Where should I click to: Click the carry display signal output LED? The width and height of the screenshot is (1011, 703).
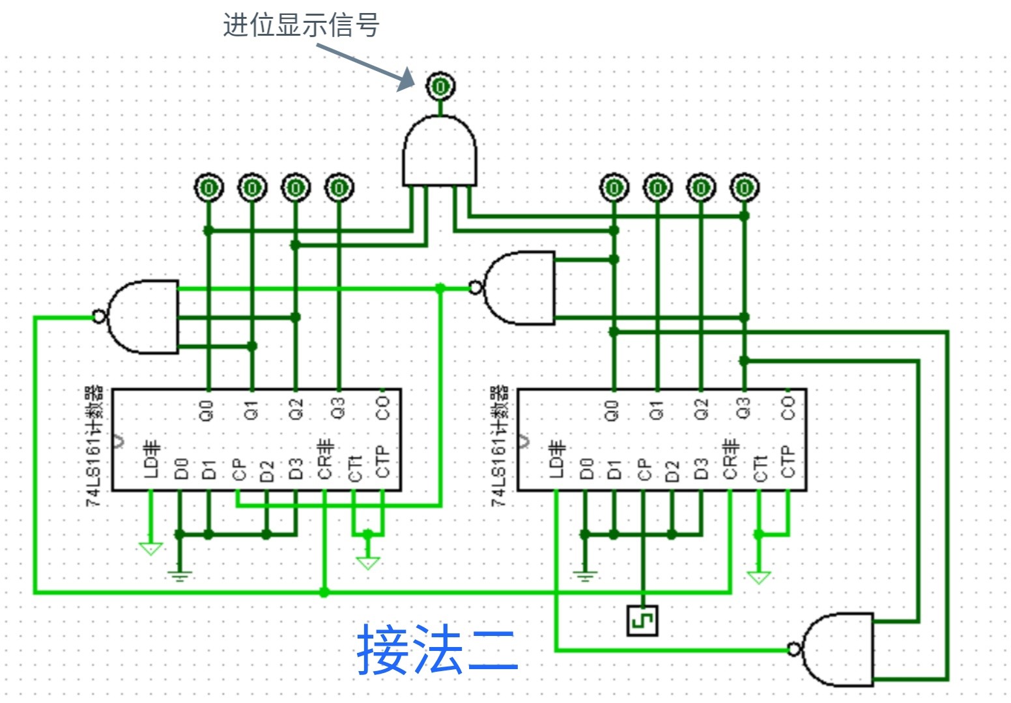coord(440,86)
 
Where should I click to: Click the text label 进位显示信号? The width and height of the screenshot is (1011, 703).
coord(300,25)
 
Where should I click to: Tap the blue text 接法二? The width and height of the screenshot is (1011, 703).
coord(437,650)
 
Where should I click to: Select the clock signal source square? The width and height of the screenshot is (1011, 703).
coord(642,620)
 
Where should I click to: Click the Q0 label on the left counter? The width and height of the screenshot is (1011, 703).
coord(206,411)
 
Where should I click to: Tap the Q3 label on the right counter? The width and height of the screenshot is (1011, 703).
coord(743,409)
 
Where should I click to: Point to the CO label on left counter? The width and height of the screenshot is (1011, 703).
coord(382,409)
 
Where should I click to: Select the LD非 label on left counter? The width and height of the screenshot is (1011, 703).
coord(151,460)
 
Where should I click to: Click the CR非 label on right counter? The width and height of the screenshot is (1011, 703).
coord(730,459)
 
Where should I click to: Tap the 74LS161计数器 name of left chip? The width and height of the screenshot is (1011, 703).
coord(95,446)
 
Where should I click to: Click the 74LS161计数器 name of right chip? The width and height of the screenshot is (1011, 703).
coord(499,446)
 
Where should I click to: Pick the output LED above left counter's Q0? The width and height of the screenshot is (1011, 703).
coord(208,188)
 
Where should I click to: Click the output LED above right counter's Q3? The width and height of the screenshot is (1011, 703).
coord(744,188)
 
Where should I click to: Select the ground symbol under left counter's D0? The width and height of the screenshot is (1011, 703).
coord(180,575)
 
